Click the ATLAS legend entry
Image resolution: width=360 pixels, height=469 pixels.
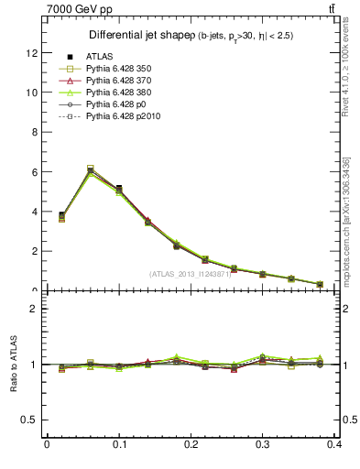click(x=99, y=57)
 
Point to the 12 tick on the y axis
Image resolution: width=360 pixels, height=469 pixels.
click(x=32, y=53)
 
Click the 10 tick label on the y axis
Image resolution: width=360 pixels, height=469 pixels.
click(x=32, y=93)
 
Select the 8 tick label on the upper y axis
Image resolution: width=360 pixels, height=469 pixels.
click(x=35, y=132)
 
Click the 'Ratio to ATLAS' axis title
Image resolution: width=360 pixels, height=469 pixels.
click(x=13, y=364)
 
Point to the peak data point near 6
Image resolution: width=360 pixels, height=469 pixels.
click(x=90, y=170)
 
